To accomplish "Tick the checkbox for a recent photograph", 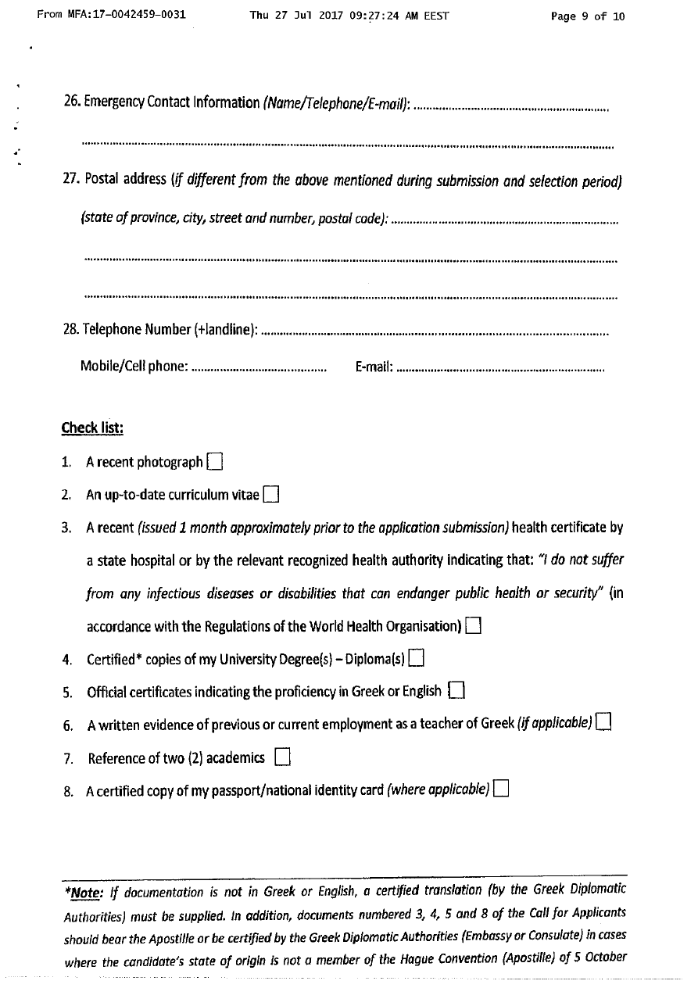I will (x=216, y=462).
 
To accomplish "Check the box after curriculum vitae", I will (x=271, y=494).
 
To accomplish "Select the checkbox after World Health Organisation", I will (x=472, y=625).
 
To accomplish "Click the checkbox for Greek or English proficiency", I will (x=457, y=690).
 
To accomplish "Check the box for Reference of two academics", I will (x=283, y=757).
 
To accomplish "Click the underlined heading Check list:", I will (x=92, y=428).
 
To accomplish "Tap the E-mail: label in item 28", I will (x=374, y=367).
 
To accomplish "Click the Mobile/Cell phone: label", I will (x=134, y=367).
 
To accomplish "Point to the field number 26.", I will (x=71, y=102).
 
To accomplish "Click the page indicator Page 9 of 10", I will (x=588, y=16).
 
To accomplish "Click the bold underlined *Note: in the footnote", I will (x=84, y=890).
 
